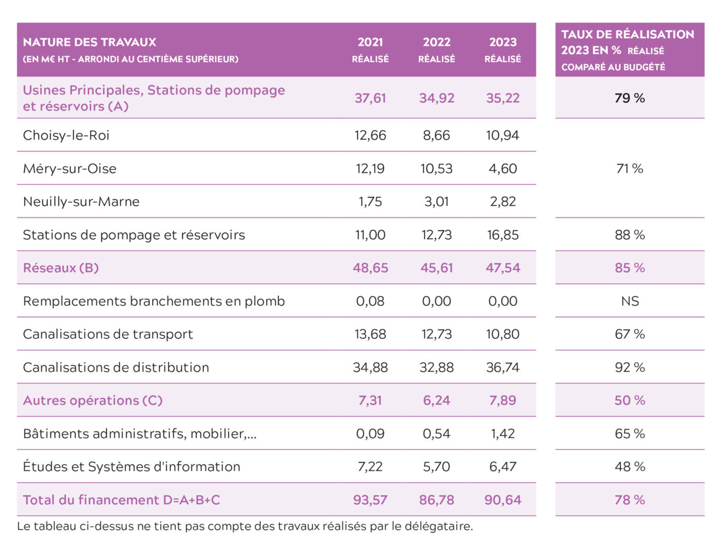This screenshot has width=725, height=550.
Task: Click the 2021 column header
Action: (x=370, y=50)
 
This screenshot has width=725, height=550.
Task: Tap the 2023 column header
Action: (x=502, y=50)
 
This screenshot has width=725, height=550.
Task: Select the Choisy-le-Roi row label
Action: (x=66, y=136)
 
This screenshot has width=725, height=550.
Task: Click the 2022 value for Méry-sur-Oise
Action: (x=437, y=169)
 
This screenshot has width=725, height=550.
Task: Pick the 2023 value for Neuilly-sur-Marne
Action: (x=503, y=202)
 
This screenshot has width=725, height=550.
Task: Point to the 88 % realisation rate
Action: (x=630, y=235)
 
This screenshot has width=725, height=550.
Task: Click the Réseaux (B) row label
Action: (x=61, y=268)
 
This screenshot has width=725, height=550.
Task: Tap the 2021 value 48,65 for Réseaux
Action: (x=370, y=268)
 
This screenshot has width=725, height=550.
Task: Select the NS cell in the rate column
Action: (x=630, y=301)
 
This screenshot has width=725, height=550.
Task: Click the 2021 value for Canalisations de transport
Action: (x=370, y=334)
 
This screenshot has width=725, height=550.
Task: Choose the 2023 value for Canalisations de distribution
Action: (x=503, y=368)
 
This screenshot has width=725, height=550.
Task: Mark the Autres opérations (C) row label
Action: (x=93, y=400)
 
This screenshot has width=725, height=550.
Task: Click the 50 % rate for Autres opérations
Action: (x=630, y=400)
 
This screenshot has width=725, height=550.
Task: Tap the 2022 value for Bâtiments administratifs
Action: (x=437, y=434)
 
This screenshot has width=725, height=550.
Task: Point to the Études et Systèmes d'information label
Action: (x=131, y=467)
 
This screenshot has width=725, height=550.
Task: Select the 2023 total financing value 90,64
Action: (x=503, y=500)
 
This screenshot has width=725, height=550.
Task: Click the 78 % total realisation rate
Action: (x=630, y=500)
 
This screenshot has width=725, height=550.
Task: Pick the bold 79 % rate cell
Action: (x=630, y=98)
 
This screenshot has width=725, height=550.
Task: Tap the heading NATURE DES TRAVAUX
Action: (x=90, y=42)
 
